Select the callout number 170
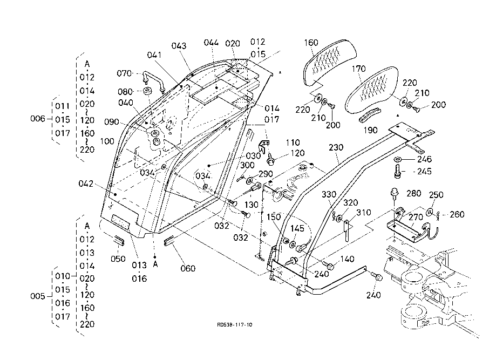point(358,69)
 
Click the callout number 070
point(125,73)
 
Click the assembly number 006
point(37,119)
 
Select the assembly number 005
point(37,296)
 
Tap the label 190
point(371,130)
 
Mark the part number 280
point(413,194)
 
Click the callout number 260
point(457,214)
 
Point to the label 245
point(424,172)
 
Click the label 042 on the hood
point(86,184)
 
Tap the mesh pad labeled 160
point(329,61)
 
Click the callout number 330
point(330,194)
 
